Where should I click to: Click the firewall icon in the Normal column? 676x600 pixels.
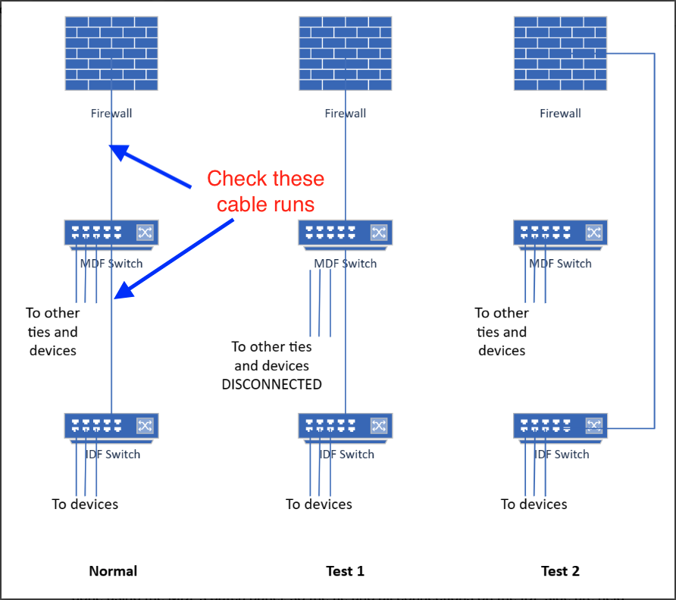[111, 54]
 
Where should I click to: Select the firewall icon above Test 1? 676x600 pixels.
[345, 54]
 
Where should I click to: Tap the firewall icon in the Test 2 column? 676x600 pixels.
[560, 54]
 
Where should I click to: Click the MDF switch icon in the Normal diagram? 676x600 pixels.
[111, 234]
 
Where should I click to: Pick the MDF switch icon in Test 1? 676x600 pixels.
[345, 234]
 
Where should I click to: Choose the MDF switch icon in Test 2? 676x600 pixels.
[560, 234]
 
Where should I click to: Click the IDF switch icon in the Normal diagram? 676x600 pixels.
[111, 427]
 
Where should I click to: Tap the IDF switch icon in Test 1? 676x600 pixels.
[345, 427]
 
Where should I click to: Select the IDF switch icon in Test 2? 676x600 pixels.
[560, 427]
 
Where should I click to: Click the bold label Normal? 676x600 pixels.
[113, 571]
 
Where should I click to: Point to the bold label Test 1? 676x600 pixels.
[345, 571]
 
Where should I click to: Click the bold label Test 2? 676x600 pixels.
[560, 571]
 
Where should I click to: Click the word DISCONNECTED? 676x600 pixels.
[271, 385]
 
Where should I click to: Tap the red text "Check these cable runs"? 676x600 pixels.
[265, 191]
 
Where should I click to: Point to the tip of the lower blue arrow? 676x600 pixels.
[115, 298]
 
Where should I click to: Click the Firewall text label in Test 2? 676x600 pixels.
[560, 114]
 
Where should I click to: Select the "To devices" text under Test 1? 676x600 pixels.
[318, 504]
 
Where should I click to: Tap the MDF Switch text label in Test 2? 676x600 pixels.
[560, 264]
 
